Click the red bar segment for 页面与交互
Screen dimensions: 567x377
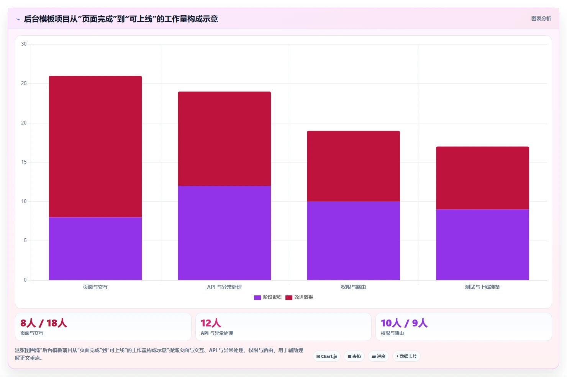[x=95, y=147]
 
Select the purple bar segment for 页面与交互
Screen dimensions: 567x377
[x=95, y=249]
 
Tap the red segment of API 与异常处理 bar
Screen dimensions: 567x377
[x=224, y=139]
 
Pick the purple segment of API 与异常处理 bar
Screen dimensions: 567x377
[x=224, y=233]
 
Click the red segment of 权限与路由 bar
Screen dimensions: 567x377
[x=353, y=166]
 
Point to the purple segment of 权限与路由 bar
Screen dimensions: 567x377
[x=353, y=241]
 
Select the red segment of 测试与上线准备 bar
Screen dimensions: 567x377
[x=482, y=178]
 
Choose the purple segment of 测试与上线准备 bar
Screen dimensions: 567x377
[x=482, y=244]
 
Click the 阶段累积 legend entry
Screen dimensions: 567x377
[x=268, y=297]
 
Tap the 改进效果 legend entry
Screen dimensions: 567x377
[x=299, y=297]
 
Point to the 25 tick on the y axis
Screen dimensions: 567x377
[x=24, y=83]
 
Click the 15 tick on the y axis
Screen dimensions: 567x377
[x=24, y=162]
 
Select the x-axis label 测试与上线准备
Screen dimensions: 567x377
[x=482, y=287]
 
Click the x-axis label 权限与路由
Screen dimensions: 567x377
[x=353, y=287]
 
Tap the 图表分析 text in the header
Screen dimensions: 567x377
[x=541, y=18]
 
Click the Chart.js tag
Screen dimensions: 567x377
[x=326, y=356]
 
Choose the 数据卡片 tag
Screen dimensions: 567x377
[x=406, y=356]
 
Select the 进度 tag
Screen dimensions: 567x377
[x=379, y=356]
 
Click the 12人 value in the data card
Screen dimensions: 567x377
[x=211, y=323]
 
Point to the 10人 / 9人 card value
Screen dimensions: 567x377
[x=404, y=323]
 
